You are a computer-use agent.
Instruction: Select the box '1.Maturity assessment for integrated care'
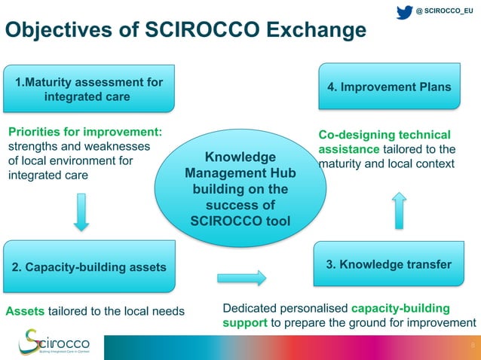coord(87,90)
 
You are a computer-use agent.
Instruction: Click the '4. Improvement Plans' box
coord(389,87)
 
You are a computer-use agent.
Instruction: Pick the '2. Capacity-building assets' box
coord(89,267)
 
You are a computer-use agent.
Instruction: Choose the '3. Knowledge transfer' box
coord(388,264)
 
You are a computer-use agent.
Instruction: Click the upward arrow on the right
coord(400,209)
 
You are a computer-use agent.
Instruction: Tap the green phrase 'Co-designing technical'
coord(384,135)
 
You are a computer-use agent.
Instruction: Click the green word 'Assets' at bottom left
coord(25,310)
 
